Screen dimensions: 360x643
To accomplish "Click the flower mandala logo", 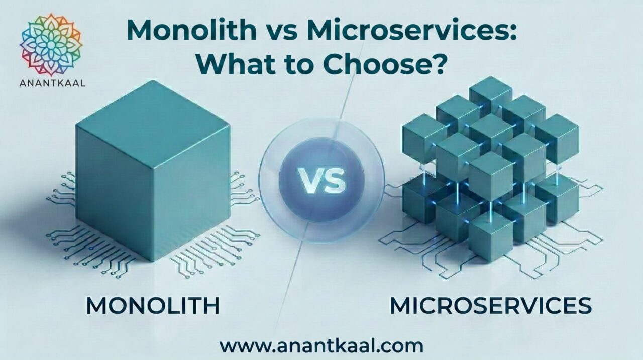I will pyautogui.click(x=51, y=45).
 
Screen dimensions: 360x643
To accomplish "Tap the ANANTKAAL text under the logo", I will pyautogui.click(x=52, y=83).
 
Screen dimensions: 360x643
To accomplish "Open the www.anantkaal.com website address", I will pyautogui.click(x=321, y=346).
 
